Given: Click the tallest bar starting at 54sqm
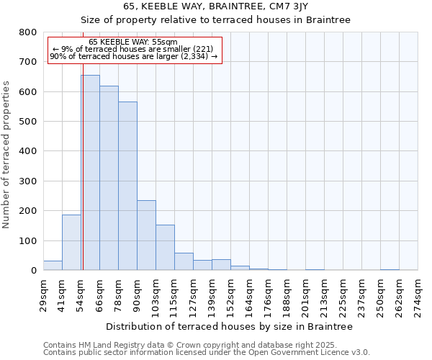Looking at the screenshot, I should (90, 173).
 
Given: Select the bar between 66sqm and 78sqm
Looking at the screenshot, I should (109, 179).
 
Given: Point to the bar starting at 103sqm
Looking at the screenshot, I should (165, 248).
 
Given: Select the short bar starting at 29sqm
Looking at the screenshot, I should (53, 266).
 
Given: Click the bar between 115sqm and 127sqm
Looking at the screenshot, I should (184, 262).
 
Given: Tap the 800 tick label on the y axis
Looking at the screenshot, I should (28, 32).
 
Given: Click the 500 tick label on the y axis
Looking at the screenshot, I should (28, 122).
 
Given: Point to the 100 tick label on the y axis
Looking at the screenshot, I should (28, 241).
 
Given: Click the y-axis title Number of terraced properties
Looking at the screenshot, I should (6, 155).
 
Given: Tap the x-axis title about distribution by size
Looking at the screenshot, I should (229, 327).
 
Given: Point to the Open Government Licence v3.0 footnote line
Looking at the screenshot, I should (206, 353).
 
